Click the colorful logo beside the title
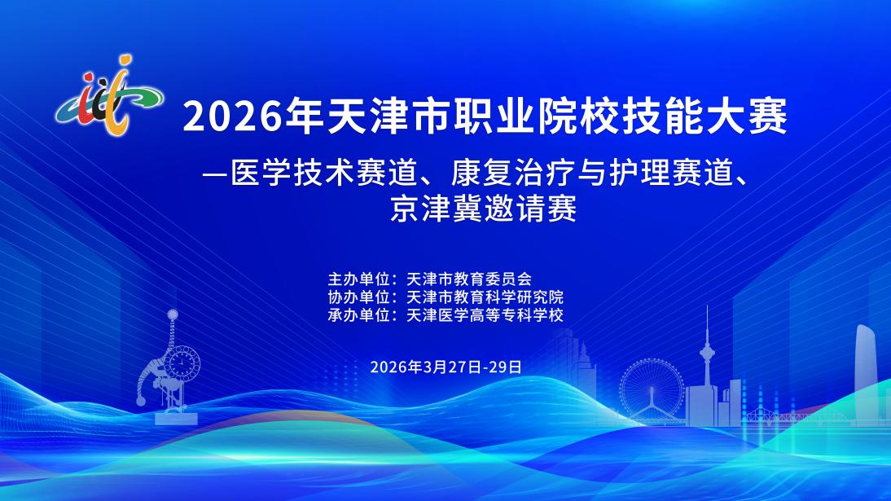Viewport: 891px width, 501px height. pos(109,95)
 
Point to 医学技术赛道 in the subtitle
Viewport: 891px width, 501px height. pos(323,173)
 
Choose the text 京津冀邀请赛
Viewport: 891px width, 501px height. pos(484,209)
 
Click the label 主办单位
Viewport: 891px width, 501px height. pos(358,279)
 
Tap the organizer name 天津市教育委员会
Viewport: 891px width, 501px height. pos(469,279)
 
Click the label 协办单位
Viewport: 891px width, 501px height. pos(358,297)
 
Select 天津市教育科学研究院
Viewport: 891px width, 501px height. pos(485,297)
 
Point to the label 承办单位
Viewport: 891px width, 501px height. pos(358,315)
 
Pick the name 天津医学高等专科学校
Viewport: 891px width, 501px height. pos(485,315)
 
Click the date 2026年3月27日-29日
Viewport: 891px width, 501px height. pos(446,367)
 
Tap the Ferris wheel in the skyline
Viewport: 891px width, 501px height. pos(652,389)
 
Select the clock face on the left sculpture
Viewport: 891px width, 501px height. pos(182,362)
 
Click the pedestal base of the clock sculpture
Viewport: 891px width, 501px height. pos(176,418)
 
